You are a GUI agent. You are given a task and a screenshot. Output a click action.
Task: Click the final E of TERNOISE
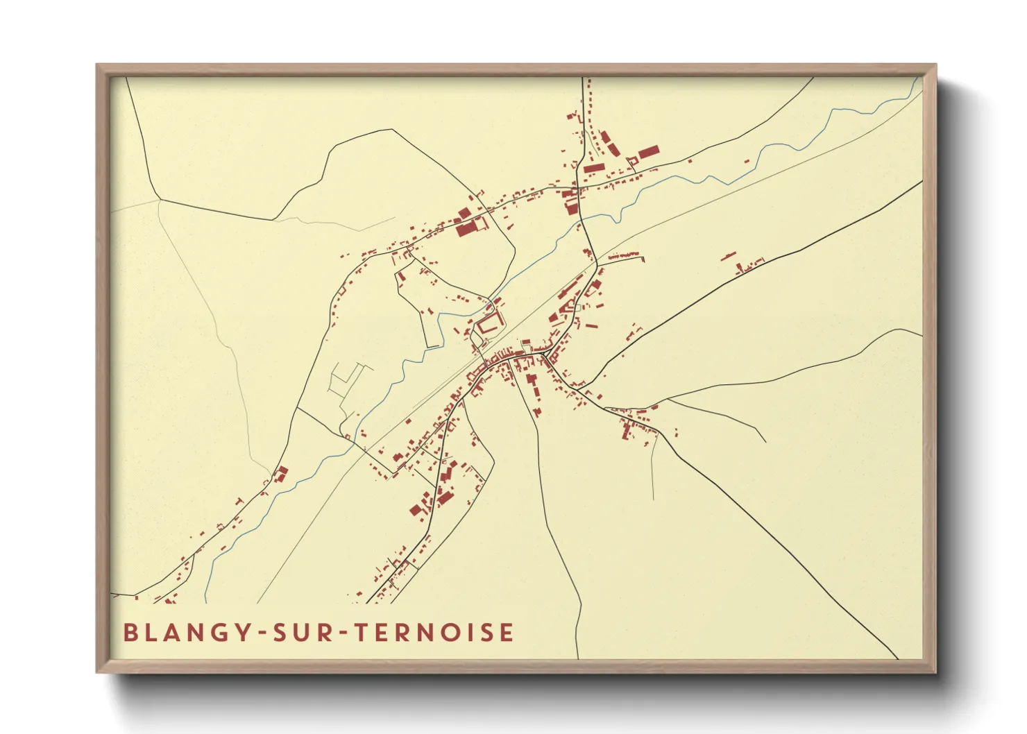click(507, 633)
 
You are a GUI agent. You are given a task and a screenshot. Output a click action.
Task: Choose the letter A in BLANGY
click(173, 633)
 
